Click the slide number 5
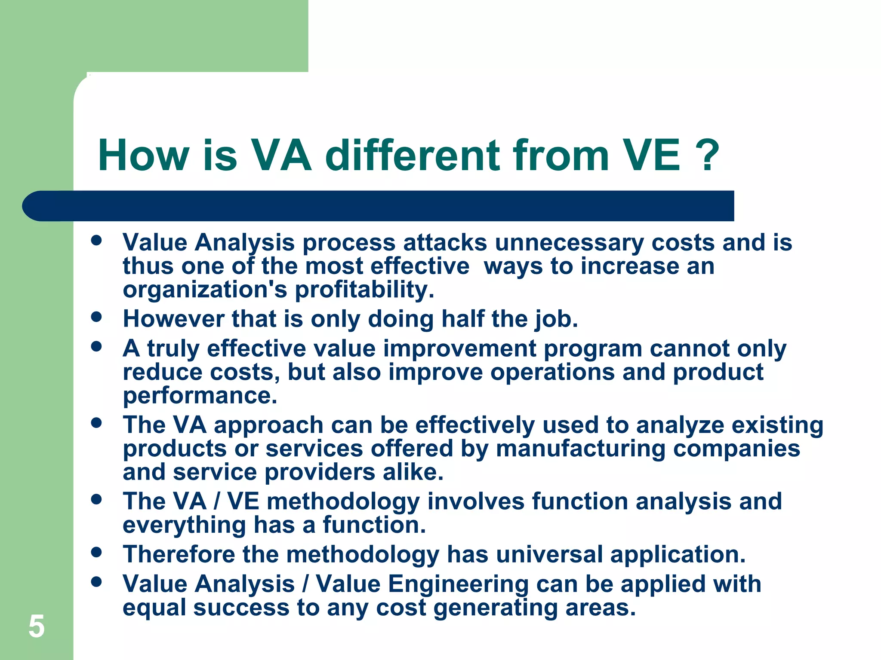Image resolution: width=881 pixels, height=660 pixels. [37, 626]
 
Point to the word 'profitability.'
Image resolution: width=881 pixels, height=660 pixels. [364, 290]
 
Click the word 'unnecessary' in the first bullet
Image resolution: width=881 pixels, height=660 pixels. [569, 243]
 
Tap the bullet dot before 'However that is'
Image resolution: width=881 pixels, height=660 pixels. [97, 317]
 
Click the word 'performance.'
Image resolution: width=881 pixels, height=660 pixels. [200, 395]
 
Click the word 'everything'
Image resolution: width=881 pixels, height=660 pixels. [184, 525]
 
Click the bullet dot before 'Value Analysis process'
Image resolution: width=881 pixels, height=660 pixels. [97, 240]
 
